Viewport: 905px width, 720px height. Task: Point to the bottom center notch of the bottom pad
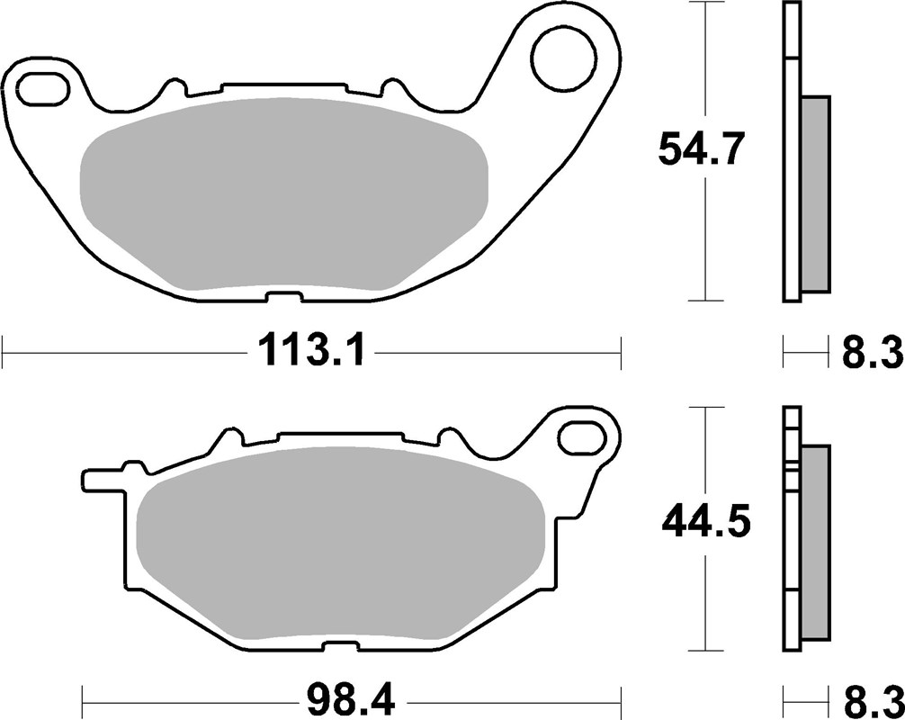[341, 646]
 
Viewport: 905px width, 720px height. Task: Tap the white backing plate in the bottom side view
[791, 540]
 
